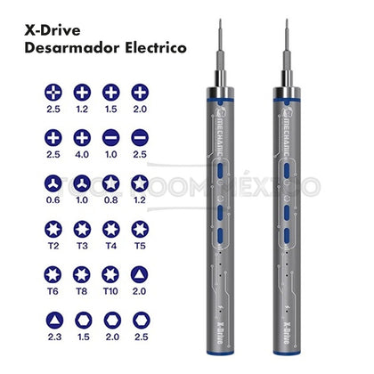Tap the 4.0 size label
point(82,153)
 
